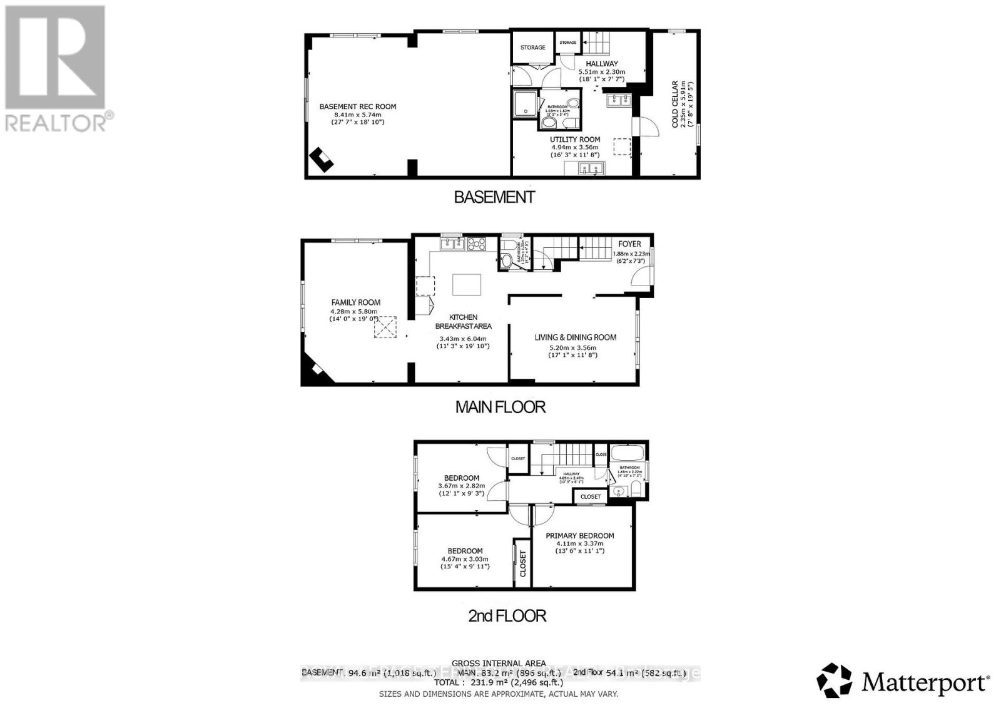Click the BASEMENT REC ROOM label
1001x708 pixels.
357,106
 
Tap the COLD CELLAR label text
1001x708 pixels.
675,104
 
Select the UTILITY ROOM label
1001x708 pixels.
575,140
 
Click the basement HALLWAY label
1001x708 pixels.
601,64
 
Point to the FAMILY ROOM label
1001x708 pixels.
355,302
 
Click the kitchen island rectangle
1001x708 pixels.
467,285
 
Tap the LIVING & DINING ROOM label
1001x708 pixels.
575,337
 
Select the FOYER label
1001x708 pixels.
629,244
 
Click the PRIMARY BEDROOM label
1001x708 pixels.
579,536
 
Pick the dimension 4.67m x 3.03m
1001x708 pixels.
464,559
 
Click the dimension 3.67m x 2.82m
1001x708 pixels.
461,485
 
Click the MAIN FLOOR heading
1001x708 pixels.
500,407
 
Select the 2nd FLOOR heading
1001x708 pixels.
507,616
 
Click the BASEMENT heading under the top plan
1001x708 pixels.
494,197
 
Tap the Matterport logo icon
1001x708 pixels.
834,680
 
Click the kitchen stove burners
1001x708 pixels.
476,244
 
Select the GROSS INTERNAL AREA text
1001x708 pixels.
498,663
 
